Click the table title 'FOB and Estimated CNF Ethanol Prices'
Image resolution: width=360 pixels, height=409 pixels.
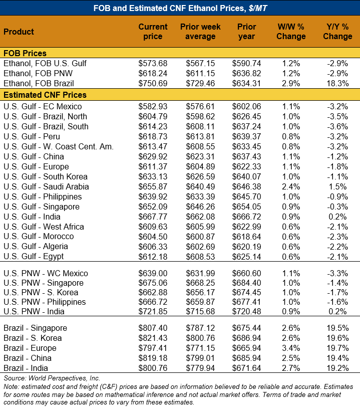(180, 8)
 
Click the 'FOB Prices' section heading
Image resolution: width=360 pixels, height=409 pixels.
(25, 53)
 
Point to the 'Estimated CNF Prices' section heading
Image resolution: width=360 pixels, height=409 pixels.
(45, 95)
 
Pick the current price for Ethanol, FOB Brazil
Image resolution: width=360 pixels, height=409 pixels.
(153, 83)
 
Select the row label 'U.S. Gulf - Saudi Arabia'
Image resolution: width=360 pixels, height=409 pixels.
(46, 186)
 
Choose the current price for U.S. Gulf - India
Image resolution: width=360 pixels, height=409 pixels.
(153, 217)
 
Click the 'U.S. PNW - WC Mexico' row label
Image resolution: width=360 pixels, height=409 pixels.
(46, 273)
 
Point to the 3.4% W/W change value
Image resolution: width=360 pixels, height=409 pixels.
(291, 348)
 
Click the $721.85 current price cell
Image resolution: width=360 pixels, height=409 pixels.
(153, 311)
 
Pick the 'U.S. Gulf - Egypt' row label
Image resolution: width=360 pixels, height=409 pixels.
(34, 257)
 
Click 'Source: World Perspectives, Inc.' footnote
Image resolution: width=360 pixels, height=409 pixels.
(52, 378)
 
